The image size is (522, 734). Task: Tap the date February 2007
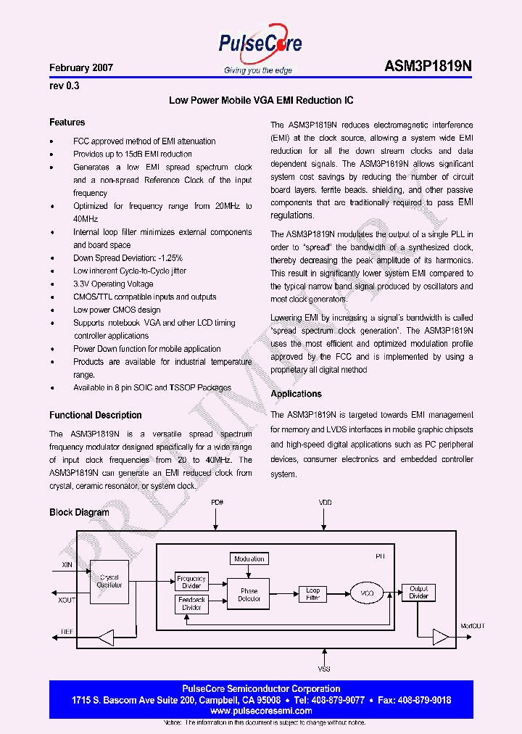81,68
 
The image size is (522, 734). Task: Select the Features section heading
67,123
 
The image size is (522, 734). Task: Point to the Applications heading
296,394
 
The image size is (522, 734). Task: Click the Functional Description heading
95,416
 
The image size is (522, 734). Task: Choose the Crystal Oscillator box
109,581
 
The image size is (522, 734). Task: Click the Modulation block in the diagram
249,559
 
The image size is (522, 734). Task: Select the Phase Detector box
249,595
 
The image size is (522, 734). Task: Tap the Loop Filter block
312,594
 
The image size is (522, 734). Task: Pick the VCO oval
367,594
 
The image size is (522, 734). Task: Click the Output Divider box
419,593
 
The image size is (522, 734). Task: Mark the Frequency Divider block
191,582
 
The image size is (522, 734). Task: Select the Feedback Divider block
191,603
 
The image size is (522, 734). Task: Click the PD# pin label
217,503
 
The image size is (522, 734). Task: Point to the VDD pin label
325,503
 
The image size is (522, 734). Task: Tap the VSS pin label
324,669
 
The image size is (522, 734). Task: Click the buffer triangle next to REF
107,638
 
